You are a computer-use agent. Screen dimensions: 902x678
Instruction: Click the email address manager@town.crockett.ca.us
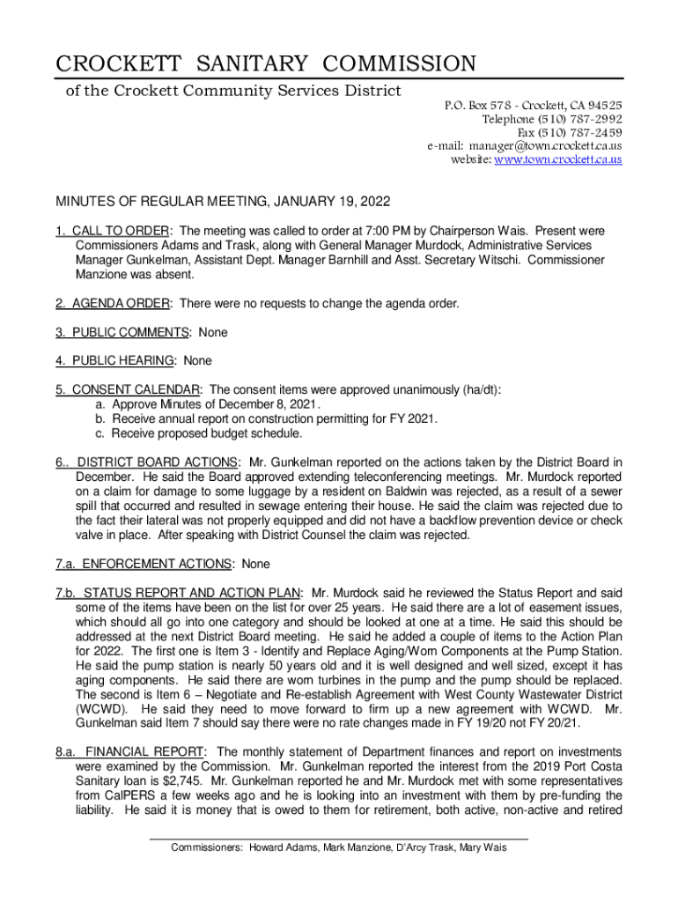pos(545,145)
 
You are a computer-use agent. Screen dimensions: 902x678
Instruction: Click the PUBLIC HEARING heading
pos(124,360)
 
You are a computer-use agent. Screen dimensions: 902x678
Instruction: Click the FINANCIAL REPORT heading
pos(145,751)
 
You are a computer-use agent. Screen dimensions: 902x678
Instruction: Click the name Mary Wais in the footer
pos(483,847)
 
